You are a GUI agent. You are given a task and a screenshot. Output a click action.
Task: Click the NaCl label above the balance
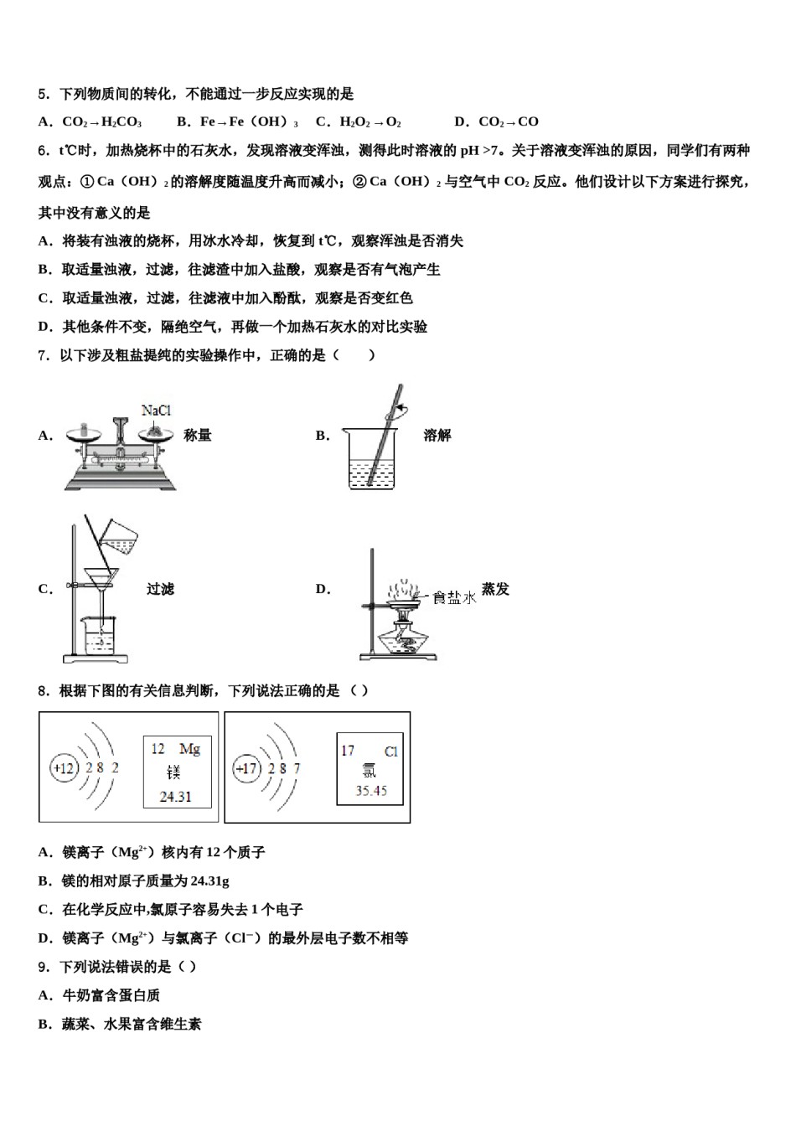156,411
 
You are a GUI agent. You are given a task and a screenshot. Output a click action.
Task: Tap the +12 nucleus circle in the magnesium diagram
64,767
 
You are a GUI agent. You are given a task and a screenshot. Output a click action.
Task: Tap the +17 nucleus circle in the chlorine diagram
246,768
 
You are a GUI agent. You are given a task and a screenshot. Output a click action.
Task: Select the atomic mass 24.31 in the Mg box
175,797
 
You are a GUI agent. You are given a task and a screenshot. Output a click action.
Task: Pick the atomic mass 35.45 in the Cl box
370,791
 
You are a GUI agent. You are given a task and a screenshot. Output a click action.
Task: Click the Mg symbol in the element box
189,749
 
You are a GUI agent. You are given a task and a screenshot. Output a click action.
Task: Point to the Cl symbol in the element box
390,752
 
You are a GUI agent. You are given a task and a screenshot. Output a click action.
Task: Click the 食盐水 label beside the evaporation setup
454,597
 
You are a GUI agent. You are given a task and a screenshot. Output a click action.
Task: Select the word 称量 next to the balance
198,436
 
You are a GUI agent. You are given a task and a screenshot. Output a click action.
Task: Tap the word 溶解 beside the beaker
437,436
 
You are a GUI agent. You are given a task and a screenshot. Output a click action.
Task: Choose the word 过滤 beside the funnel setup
160,590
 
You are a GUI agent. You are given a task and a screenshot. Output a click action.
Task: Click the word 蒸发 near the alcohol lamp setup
495,590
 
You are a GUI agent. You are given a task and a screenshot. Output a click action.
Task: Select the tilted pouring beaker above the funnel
119,536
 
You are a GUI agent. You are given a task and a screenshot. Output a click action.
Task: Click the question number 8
43,691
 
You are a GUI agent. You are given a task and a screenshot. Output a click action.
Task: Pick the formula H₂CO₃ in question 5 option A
121,122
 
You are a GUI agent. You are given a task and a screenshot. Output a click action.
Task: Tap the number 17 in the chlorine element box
349,751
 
